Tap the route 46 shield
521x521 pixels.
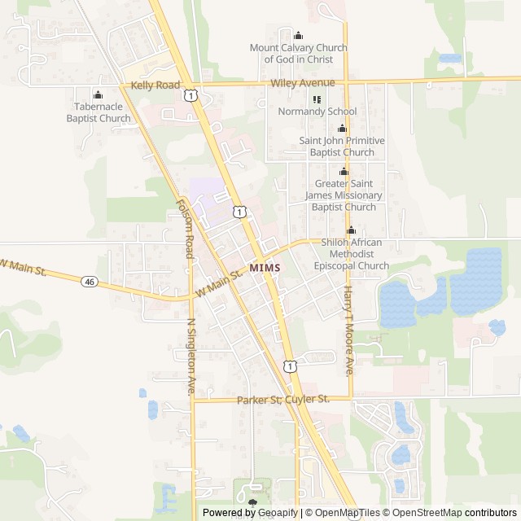tap(89, 282)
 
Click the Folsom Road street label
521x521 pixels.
tap(185, 228)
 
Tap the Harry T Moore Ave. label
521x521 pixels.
tap(348, 330)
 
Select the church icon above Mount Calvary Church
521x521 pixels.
tap(298, 35)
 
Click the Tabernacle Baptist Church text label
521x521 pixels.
tap(99, 112)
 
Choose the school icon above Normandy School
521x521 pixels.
tap(317, 99)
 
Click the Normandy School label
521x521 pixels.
tap(317, 112)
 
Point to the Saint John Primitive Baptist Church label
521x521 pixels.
tap(342, 147)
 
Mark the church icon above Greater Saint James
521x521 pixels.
tap(344, 172)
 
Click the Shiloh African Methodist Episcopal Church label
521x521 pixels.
tap(352, 254)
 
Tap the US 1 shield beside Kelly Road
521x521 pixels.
tap(190, 95)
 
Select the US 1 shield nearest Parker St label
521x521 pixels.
tap(290, 366)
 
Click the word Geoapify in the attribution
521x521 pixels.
tap(278, 513)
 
